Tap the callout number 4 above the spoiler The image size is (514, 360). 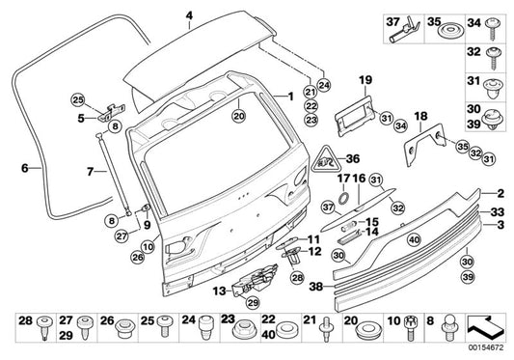(x=189, y=14)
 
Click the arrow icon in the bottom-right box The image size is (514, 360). (x=486, y=325)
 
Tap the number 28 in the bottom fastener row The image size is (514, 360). (x=25, y=319)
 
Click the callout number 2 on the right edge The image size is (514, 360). (x=500, y=193)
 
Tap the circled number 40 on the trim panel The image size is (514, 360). (x=386, y=239)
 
